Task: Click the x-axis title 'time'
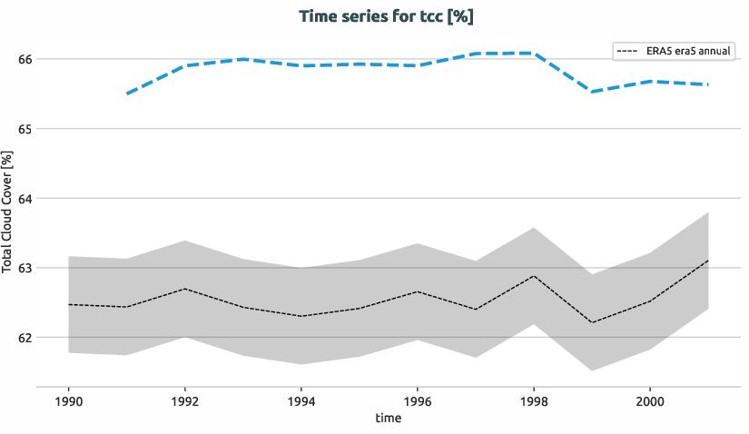[x=388, y=419]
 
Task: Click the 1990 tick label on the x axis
[x=69, y=400]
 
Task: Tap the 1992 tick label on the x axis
[x=185, y=400]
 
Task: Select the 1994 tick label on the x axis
[x=301, y=400]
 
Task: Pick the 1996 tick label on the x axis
[x=417, y=400]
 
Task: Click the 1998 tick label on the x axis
[x=533, y=400]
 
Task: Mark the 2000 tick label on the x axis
[x=649, y=400]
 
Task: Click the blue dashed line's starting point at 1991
[x=127, y=94]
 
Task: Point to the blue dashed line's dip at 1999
[x=592, y=92]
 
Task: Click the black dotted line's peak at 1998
[x=534, y=276]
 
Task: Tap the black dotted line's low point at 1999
[x=592, y=322]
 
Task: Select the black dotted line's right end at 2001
[x=707, y=261]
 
